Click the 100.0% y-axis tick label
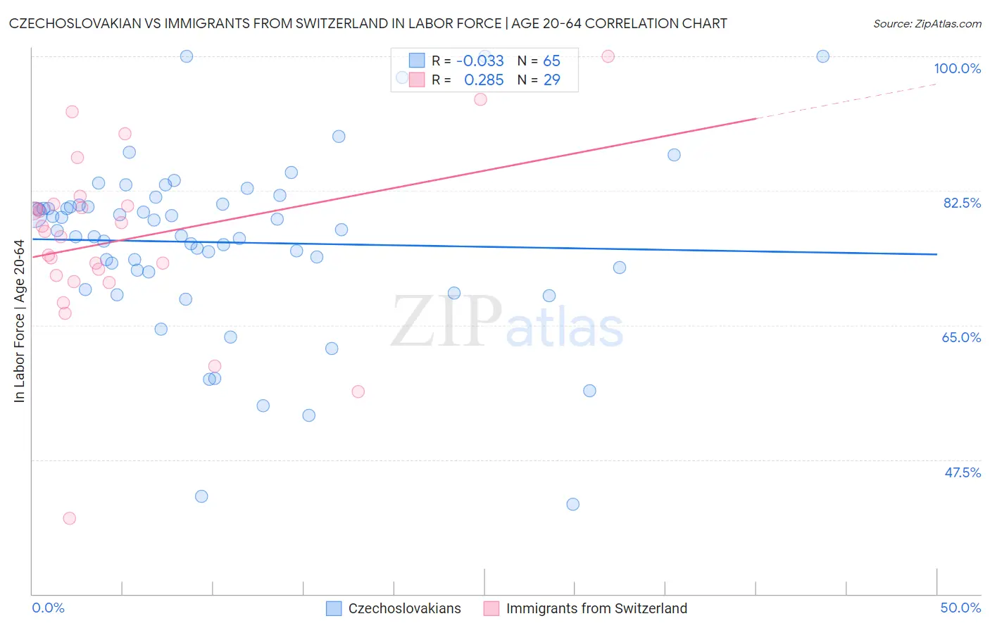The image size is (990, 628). [957, 68]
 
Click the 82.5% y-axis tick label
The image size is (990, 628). [962, 203]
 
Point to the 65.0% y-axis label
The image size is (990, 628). [961, 337]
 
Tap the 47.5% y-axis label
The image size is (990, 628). [963, 472]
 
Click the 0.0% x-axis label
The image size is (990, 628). [48, 608]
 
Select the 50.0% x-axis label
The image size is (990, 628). [960, 608]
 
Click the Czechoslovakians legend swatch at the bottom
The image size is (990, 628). [334, 608]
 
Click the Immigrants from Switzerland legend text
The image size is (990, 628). [596, 608]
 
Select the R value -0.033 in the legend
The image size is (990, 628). [480, 61]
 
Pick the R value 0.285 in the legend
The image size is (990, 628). [484, 80]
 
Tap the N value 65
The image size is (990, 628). [551, 61]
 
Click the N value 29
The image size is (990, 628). [551, 80]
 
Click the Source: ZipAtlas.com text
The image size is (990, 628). [927, 24]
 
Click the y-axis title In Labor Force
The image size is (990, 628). [19, 321]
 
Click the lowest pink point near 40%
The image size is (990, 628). [69, 518]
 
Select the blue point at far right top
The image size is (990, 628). [822, 56]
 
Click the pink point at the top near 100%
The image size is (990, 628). [608, 56]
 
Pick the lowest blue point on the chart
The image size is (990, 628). [572, 504]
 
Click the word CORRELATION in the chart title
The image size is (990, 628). [631, 23]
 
